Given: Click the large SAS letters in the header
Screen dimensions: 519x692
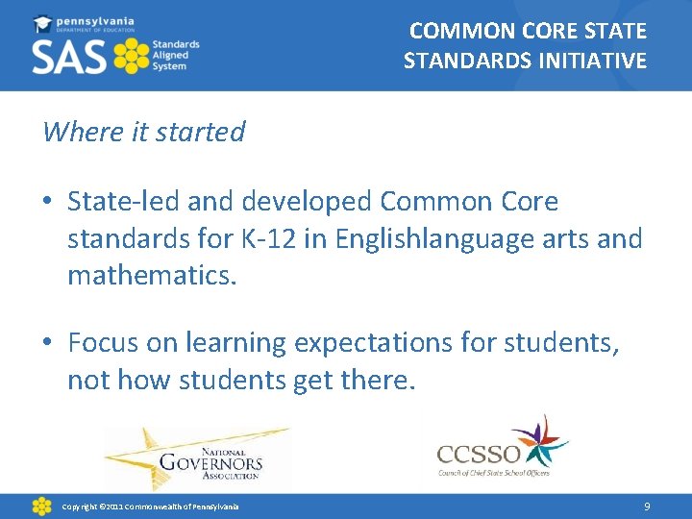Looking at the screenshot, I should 69,58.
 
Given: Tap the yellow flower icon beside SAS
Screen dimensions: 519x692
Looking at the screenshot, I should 132,57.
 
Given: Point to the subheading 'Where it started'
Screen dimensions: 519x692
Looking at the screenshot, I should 144,132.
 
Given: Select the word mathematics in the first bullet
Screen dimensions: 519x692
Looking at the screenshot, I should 150,277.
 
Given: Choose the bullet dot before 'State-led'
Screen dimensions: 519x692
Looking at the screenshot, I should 48,203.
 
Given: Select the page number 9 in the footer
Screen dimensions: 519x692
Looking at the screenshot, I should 648,506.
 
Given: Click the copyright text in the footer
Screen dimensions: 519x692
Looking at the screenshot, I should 150,507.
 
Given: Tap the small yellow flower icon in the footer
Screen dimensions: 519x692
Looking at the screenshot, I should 41,506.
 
